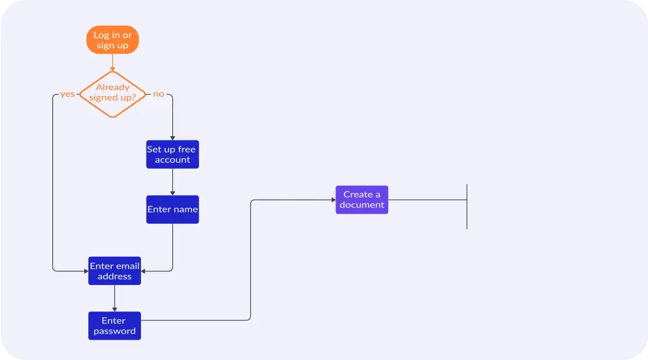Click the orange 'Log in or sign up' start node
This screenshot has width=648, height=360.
(x=112, y=40)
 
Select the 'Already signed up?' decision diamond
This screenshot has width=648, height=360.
(x=112, y=94)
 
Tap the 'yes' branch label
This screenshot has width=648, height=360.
(x=67, y=94)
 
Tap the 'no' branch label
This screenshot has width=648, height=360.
(x=158, y=94)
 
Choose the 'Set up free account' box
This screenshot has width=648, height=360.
(x=172, y=154)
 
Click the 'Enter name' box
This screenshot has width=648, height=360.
(x=172, y=209)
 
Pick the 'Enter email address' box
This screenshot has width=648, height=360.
(x=115, y=271)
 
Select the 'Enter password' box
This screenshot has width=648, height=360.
(x=115, y=326)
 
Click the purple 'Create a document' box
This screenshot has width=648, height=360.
(x=362, y=200)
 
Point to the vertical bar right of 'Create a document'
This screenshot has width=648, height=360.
(x=467, y=206)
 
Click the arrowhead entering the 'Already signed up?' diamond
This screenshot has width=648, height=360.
(x=112, y=69)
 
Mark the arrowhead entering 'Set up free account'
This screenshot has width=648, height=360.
(x=173, y=138)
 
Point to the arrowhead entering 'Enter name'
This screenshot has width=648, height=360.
(x=173, y=193)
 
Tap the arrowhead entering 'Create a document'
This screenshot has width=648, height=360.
(x=333, y=200)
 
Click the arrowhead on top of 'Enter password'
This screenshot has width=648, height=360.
(x=115, y=309)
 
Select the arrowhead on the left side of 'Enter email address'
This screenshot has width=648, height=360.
(x=86, y=271)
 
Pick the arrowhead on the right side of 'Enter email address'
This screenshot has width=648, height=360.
(x=143, y=271)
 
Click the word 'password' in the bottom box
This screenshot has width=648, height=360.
(x=115, y=331)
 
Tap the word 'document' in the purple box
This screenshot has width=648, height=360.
(x=362, y=205)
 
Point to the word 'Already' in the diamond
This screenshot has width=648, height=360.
(x=112, y=88)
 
